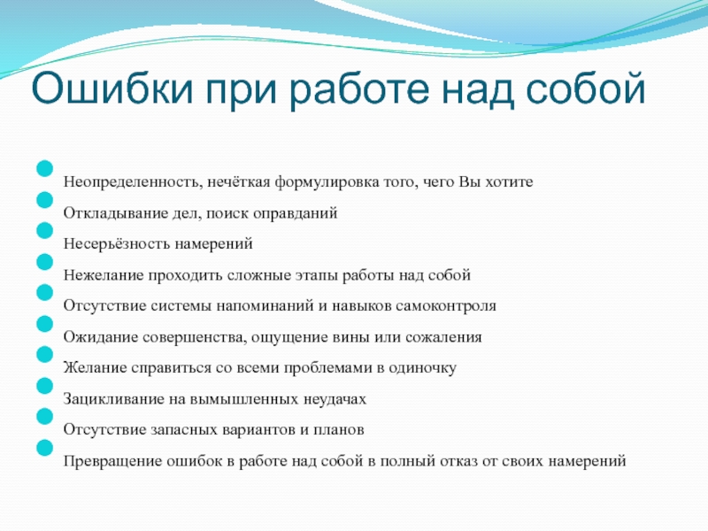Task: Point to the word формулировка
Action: click(327, 183)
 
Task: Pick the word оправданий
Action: click(295, 213)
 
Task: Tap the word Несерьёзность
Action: click(117, 244)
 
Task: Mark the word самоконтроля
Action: click(446, 306)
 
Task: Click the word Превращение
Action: click(113, 461)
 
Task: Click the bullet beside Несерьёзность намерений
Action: click(45, 231)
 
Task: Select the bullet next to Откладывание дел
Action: click(45, 200)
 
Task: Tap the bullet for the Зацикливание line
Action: click(45, 386)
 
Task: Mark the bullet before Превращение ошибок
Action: click(45, 448)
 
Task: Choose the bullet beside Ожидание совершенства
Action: click(45, 324)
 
